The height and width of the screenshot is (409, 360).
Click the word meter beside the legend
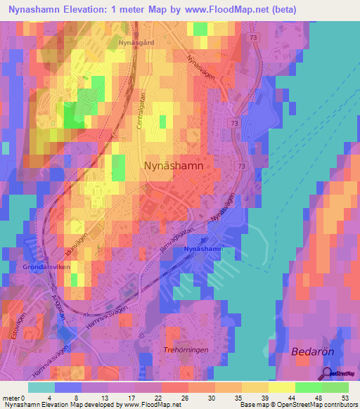click(11, 398)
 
